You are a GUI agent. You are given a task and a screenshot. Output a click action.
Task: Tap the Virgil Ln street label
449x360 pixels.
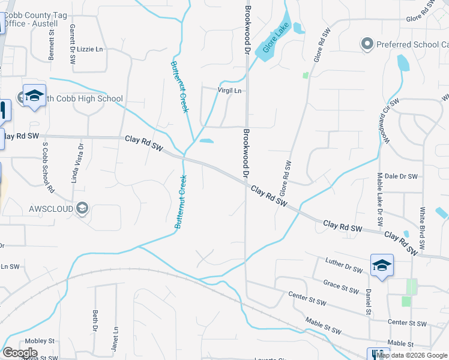pos(229,91)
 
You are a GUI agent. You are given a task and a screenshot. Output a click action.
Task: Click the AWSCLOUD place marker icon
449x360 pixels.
pos(82,209)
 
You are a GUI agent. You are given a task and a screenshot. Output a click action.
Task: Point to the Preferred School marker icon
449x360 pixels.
pos(367,44)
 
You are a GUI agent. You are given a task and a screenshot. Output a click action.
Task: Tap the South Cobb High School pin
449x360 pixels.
pos(34,96)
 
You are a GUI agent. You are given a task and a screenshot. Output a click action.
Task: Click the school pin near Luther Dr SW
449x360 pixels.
pos(382,265)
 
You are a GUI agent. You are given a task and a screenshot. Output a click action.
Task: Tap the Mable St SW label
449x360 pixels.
pos(323,327)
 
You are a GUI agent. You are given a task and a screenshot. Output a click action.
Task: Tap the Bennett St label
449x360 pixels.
pos(51,41)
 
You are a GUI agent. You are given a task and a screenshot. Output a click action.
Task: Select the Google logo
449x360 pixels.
pos(20,353)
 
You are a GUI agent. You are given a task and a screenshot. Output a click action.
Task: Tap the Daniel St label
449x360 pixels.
pos(368,302)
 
